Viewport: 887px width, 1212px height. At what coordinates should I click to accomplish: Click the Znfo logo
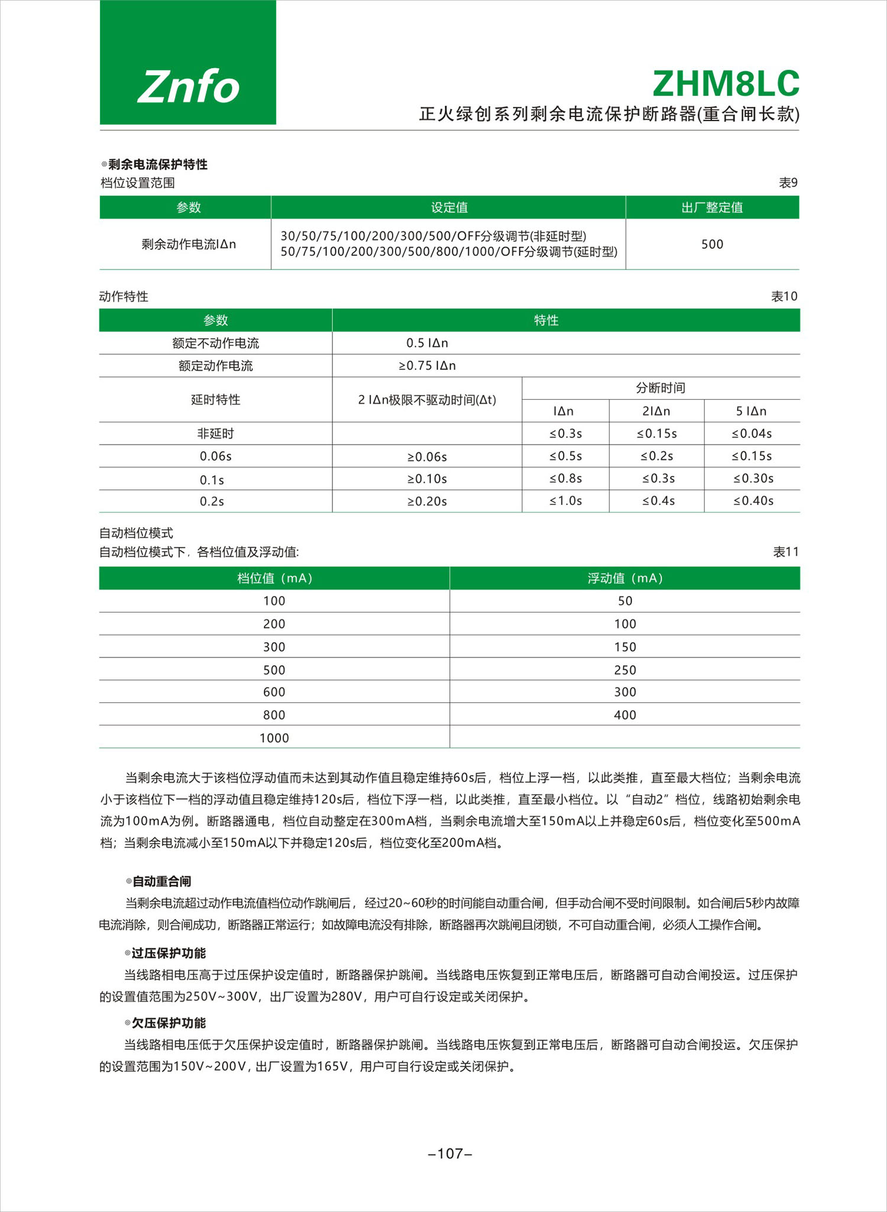pyautogui.click(x=188, y=86)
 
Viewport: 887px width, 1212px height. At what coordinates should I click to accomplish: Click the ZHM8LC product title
pyautogui.click(x=726, y=84)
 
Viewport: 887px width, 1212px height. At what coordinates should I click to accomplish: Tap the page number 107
pyautogui.click(x=450, y=1153)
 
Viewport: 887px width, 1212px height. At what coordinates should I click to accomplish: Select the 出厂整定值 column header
pyautogui.click(x=712, y=208)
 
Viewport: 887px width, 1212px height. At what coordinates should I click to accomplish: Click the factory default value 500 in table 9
pyautogui.click(x=712, y=244)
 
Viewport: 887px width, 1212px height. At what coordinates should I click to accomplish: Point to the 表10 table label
pyautogui.click(x=784, y=296)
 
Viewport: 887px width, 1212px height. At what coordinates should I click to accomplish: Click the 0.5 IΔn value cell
pyautogui.click(x=427, y=343)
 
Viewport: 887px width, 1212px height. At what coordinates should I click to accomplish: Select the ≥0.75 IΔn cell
pyautogui.click(x=427, y=365)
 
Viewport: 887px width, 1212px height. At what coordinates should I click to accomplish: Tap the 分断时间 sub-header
pyautogui.click(x=661, y=388)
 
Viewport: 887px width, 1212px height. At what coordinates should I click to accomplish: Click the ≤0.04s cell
pyautogui.click(x=752, y=433)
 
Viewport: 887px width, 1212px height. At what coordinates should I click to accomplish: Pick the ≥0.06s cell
pyautogui.click(x=427, y=456)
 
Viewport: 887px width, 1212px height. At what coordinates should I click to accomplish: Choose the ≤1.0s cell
pyautogui.click(x=565, y=501)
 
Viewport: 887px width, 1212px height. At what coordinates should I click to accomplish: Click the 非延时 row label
pyautogui.click(x=215, y=433)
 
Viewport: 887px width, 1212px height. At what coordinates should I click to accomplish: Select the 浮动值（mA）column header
pyautogui.click(x=625, y=578)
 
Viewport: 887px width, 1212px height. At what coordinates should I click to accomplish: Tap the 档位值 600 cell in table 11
pyautogui.click(x=274, y=692)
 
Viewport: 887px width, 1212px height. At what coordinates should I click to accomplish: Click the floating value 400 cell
pyautogui.click(x=625, y=715)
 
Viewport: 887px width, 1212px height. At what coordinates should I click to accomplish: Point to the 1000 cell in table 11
pyautogui.click(x=274, y=738)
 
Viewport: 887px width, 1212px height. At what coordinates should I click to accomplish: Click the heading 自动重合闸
pyautogui.click(x=161, y=882)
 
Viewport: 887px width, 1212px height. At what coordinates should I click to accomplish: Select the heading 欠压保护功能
pyautogui.click(x=169, y=1023)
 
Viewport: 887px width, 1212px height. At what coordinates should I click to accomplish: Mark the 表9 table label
pyautogui.click(x=788, y=183)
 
